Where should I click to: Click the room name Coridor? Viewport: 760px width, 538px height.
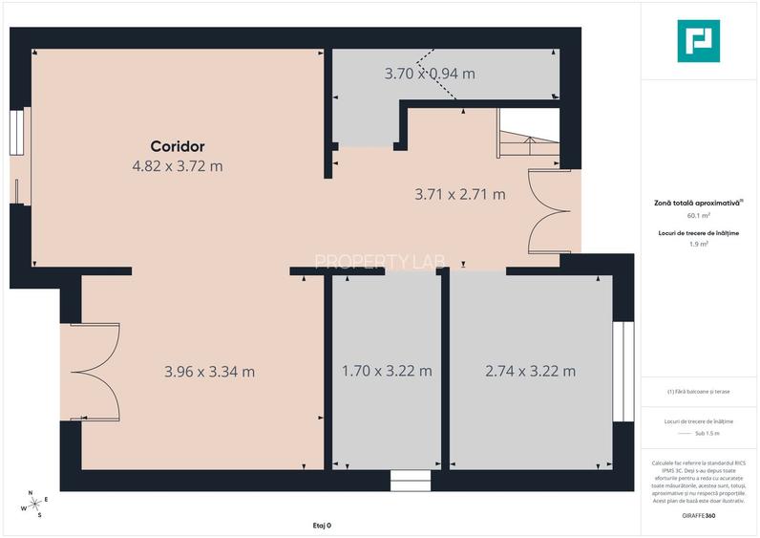[x=178, y=146]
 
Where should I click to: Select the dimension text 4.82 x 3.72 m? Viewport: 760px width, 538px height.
[x=178, y=166]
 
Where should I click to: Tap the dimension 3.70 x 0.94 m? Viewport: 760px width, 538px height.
[x=430, y=73]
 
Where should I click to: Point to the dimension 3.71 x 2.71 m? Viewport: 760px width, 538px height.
[x=459, y=194]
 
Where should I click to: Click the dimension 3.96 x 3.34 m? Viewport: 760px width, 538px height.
[x=209, y=371]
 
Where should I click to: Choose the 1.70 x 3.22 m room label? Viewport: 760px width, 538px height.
[x=387, y=371]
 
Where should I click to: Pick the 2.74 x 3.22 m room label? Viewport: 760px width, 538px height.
[x=530, y=371]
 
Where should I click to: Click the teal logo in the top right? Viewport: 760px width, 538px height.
[x=698, y=41]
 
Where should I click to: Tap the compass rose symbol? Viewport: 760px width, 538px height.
[x=33, y=503]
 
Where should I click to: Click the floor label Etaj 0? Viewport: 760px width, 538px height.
[x=322, y=526]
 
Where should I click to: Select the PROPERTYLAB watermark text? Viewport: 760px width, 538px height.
[x=371, y=261]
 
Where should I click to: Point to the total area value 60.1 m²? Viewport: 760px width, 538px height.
[x=699, y=216]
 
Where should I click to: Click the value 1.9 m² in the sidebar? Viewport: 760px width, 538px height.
[x=699, y=245]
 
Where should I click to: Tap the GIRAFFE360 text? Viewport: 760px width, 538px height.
[x=699, y=516]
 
